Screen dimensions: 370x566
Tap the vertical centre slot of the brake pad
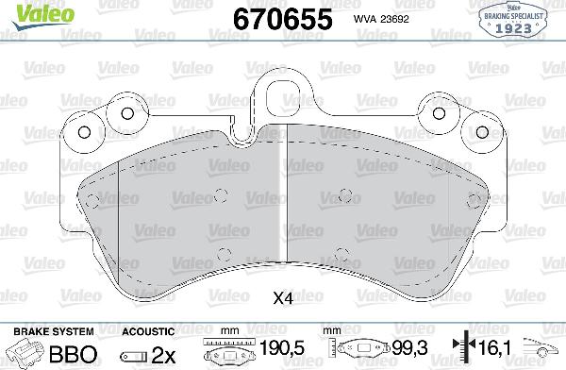click(283, 189)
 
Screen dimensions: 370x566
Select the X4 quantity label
click(283, 299)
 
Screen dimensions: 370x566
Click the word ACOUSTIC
click(149, 331)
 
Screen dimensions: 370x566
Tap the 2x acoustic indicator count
click(164, 354)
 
